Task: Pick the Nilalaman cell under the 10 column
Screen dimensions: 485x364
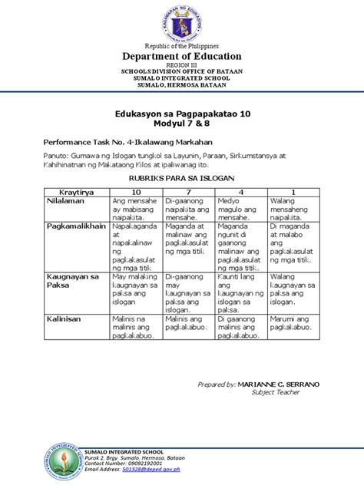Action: coord(135,208)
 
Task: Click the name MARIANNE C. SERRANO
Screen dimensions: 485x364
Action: coord(280,405)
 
